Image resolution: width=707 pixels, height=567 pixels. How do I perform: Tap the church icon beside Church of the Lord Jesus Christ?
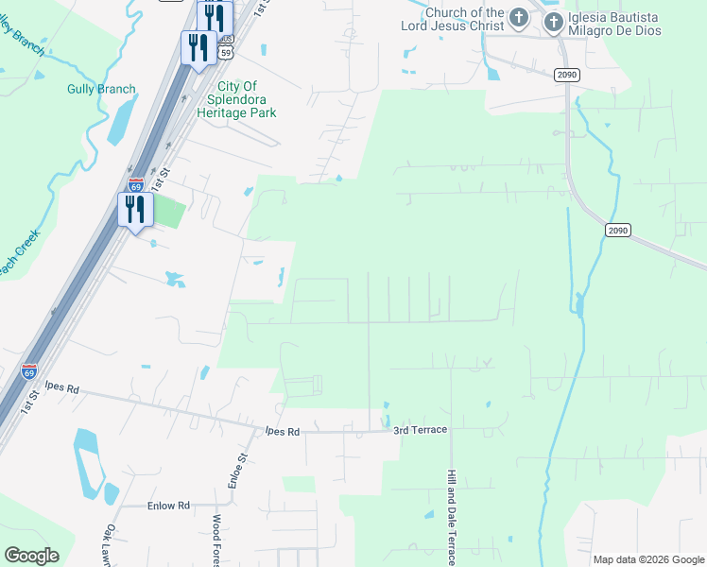pyautogui.click(x=518, y=18)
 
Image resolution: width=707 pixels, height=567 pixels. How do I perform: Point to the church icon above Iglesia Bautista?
pyautogui.click(x=554, y=19)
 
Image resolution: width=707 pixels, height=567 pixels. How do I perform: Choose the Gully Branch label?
pyautogui.click(x=101, y=90)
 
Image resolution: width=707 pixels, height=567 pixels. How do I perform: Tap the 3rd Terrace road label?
pyautogui.click(x=421, y=431)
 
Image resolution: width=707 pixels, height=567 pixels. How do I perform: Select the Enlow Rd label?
pyautogui.click(x=169, y=506)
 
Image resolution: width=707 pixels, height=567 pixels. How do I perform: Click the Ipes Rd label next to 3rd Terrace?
pyautogui.click(x=282, y=431)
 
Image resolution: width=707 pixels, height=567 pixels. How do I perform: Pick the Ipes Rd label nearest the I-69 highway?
pyautogui.click(x=60, y=387)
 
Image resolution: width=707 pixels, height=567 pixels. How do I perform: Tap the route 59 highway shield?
pyautogui.click(x=225, y=53)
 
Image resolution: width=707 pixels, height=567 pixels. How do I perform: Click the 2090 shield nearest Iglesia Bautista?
pyautogui.click(x=566, y=75)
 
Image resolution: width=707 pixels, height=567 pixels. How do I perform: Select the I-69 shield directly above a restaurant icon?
pyautogui.click(x=136, y=184)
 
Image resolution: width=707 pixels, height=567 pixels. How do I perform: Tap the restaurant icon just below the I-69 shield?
pyautogui.click(x=135, y=209)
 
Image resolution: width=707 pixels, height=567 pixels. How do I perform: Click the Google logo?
pyautogui.click(x=32, y=556)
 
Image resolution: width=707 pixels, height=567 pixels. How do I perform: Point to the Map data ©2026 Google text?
pyautogui.click(x=648, y=559)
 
